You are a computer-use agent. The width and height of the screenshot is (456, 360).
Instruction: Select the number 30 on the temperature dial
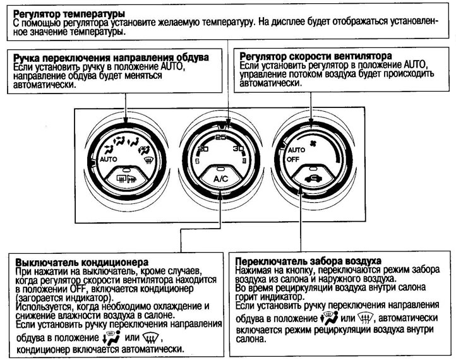pyautogui.click(x=239, y=149)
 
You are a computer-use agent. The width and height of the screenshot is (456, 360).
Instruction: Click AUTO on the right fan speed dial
pyautogui.click(x=296, y=152)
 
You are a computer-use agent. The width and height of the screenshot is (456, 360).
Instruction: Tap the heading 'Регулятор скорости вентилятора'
pyautogui.click(x=311, y=56)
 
